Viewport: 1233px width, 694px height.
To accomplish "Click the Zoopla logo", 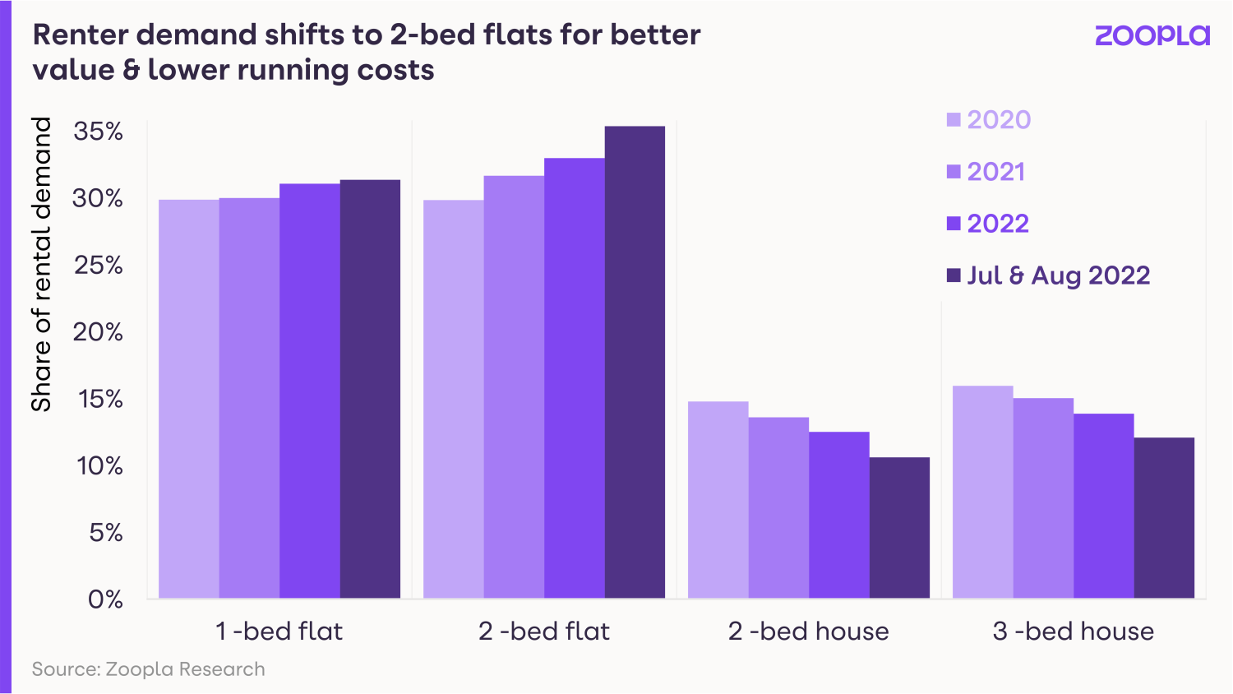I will pyautogui.click(x=1152, y=35).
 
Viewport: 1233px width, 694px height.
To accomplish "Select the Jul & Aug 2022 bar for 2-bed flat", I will pyautogui.click(x=635, y=362).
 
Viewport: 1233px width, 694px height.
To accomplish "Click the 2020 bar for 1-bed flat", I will pyautogui.click(x=188, y=399).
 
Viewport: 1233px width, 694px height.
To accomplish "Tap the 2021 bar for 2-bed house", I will pyautogui.click(x=778, y=507).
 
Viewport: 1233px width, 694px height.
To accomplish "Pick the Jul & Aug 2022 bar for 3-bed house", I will pyautogui.click(x=1164, y=517).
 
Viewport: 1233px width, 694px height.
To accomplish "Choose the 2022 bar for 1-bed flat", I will pyautogui.click(x=310, y=391).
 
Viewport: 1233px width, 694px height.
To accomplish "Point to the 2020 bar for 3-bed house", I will pyautogui.click(x=982, y=492).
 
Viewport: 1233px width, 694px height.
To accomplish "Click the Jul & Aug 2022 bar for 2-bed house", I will pyautogui.click(x=899, y=527).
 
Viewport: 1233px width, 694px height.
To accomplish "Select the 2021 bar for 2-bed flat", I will pyautogui.click(x=514, y=386).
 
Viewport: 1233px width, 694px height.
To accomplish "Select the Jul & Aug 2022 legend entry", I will pyautogui.click(x=1048, y=275).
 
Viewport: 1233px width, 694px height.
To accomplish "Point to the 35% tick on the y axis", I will pyautogui.click(x=99, y=132).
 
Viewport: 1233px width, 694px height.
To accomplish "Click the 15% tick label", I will pyautogui.click(x=99, y=399).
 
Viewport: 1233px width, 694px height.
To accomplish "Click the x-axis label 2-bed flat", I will pyautogui.click(x=544, y=632).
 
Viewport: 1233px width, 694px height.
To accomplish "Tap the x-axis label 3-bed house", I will pyautogui.click(x=1073, y=632).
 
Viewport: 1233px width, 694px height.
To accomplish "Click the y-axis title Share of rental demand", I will pyautogui.click(x=41, y=264).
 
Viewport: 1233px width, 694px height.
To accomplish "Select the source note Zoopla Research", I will pyautogui.click(x=149, y=669).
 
